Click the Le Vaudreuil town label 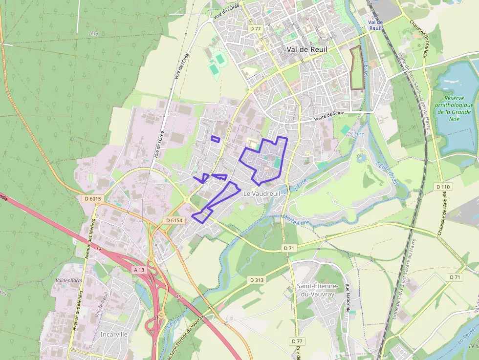point(261,194)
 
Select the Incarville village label point(113,335)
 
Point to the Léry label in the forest point(93,34)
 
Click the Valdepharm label point(68,281)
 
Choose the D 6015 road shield point(92,199)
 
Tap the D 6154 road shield point(174,221)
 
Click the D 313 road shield point(256,280)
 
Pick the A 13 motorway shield point(139,270)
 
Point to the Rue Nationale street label point(348,297)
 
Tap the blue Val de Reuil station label point(375,25)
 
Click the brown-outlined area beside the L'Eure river point(357,68)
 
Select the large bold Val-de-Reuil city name point(307,49)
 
